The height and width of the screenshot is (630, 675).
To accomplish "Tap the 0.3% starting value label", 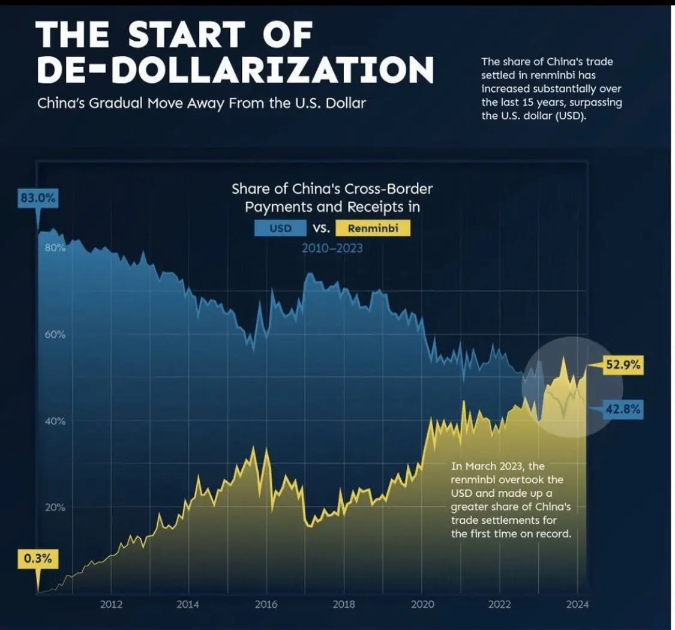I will pos(38,559).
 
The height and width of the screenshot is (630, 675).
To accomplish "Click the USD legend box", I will pos(281,229).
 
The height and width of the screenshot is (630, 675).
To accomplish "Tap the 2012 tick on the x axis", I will pos(112,604).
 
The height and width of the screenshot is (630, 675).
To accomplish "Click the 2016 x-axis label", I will pos(266,604).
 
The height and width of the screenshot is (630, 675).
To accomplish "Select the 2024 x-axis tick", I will pos(576,604).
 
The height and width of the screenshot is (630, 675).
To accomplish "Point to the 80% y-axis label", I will pos(55,247).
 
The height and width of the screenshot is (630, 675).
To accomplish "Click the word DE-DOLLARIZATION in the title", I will pos(235,70).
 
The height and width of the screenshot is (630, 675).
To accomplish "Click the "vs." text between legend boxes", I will pos(319,229).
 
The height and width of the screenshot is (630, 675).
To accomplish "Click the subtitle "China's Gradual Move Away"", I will pos(150,103).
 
